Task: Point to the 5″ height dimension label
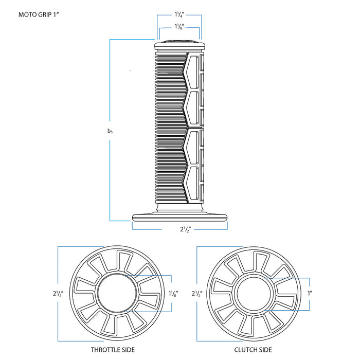[x=110, y=132]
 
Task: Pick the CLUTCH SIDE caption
[x=253, y=350]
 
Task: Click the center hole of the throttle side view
[x=117, y=294]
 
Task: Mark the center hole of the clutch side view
[x=253, y=294]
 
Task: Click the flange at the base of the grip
[x=179, y=217]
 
